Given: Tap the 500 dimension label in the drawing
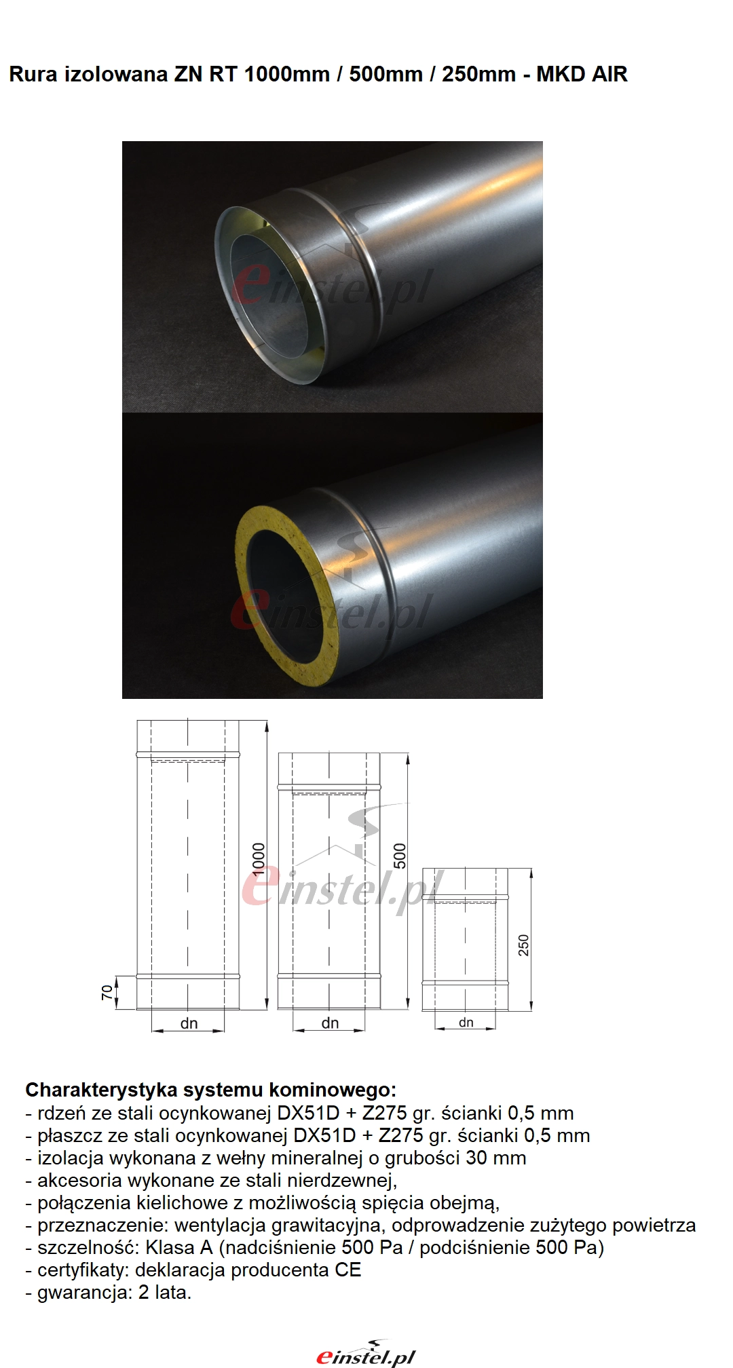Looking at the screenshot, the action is [400, 856].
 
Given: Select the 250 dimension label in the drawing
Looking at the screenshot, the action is [523, 945].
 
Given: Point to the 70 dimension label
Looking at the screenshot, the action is [107, 993].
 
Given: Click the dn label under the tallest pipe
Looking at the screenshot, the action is [189, 1023].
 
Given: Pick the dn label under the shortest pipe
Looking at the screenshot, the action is [466, 1023].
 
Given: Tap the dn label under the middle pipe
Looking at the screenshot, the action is [330, 1023].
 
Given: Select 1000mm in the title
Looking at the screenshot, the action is [286, 74].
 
